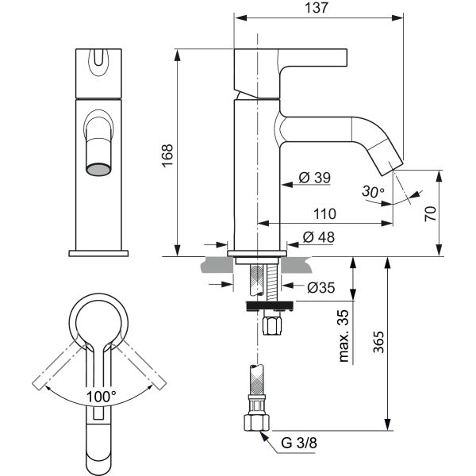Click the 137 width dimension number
pos(317,8)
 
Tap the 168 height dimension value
pos(167,155)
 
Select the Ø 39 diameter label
pos(314,178)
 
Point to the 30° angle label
pos(373,191)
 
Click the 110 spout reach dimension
pos(324,214)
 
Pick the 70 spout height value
pos(430,213)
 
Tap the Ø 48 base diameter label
pos(318,237)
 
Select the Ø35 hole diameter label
pos(321,287)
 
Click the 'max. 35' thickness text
pos(344,336)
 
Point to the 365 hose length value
pos(378,342)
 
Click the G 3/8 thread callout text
pos(299,443)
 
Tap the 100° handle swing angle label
pos(101,397)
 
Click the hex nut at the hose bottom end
pos(256,422)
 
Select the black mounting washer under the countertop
pos(270,305)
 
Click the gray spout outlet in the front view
pos(98,170)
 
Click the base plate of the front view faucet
pos(98,253)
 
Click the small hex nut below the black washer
pos(272,325)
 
